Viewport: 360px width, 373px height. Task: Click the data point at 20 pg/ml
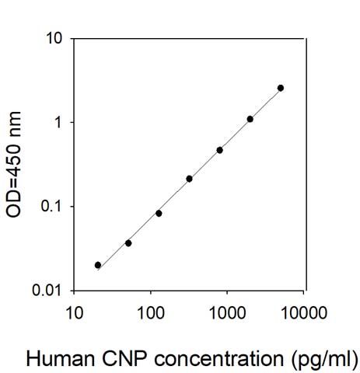pyautogui.click(x=98, y=265)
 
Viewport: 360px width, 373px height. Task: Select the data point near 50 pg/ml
pyautogui.click(x=128, y=243)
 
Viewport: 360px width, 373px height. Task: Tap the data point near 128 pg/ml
pyautogui.click(x=159, y=213)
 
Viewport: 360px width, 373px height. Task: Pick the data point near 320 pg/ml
pyautogui.click(x=189, y=179)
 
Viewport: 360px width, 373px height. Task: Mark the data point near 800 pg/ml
pyautogui.click(x=220, y=150)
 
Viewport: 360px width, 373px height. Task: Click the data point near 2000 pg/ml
pyautogui.click(x=250, y=119)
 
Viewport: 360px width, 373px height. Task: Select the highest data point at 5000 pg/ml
pyautogui.click(x=281, y=88)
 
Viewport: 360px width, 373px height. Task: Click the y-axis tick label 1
pyautogui.click(x=58, y=123)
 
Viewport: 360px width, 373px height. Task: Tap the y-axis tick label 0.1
pyautogui.click(x=52, y=207)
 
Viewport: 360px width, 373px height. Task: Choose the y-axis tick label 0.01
pyautogui.click(x=48, y=291)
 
